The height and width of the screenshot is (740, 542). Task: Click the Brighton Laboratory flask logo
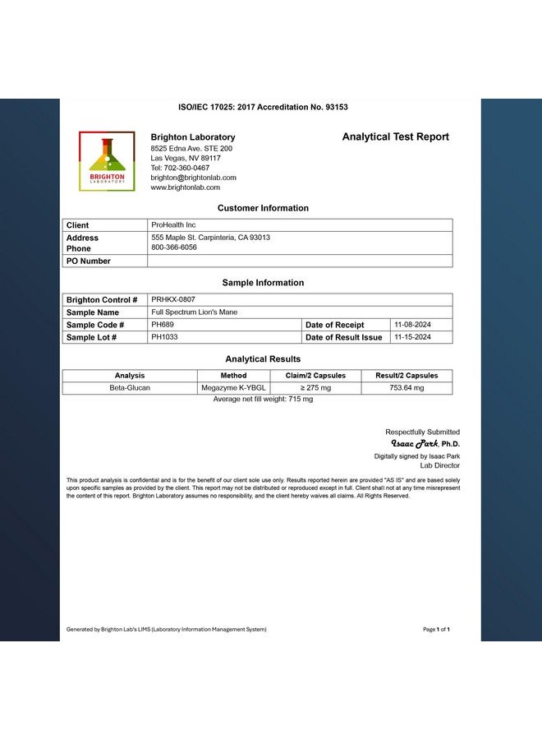coord(107,161)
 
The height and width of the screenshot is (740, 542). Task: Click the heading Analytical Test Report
coord(395,137)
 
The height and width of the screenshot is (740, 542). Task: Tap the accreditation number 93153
coord(333,107)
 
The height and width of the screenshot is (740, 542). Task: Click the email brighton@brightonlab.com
coord(193,178)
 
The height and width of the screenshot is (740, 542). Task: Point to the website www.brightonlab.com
coord(185,187)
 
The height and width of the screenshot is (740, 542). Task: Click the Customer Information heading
coord(263,208)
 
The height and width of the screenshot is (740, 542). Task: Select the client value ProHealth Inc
coord(173,224)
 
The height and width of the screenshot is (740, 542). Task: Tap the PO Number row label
coord(88,261)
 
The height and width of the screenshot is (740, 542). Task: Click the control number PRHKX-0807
coord(173,300)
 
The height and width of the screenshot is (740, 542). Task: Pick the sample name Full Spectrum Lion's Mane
coord(195,312)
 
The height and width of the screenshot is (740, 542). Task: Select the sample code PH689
coord(163,325)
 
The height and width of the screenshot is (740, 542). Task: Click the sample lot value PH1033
coord(164,337)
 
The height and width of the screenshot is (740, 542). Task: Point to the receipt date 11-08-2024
coord(412,325)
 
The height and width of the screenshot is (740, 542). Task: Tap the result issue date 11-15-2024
coord(412,337)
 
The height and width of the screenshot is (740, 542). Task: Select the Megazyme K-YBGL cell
coord(233,388)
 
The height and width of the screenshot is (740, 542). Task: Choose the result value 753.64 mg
coord(406,388)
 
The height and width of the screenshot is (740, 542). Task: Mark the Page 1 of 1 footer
coord(436,630)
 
